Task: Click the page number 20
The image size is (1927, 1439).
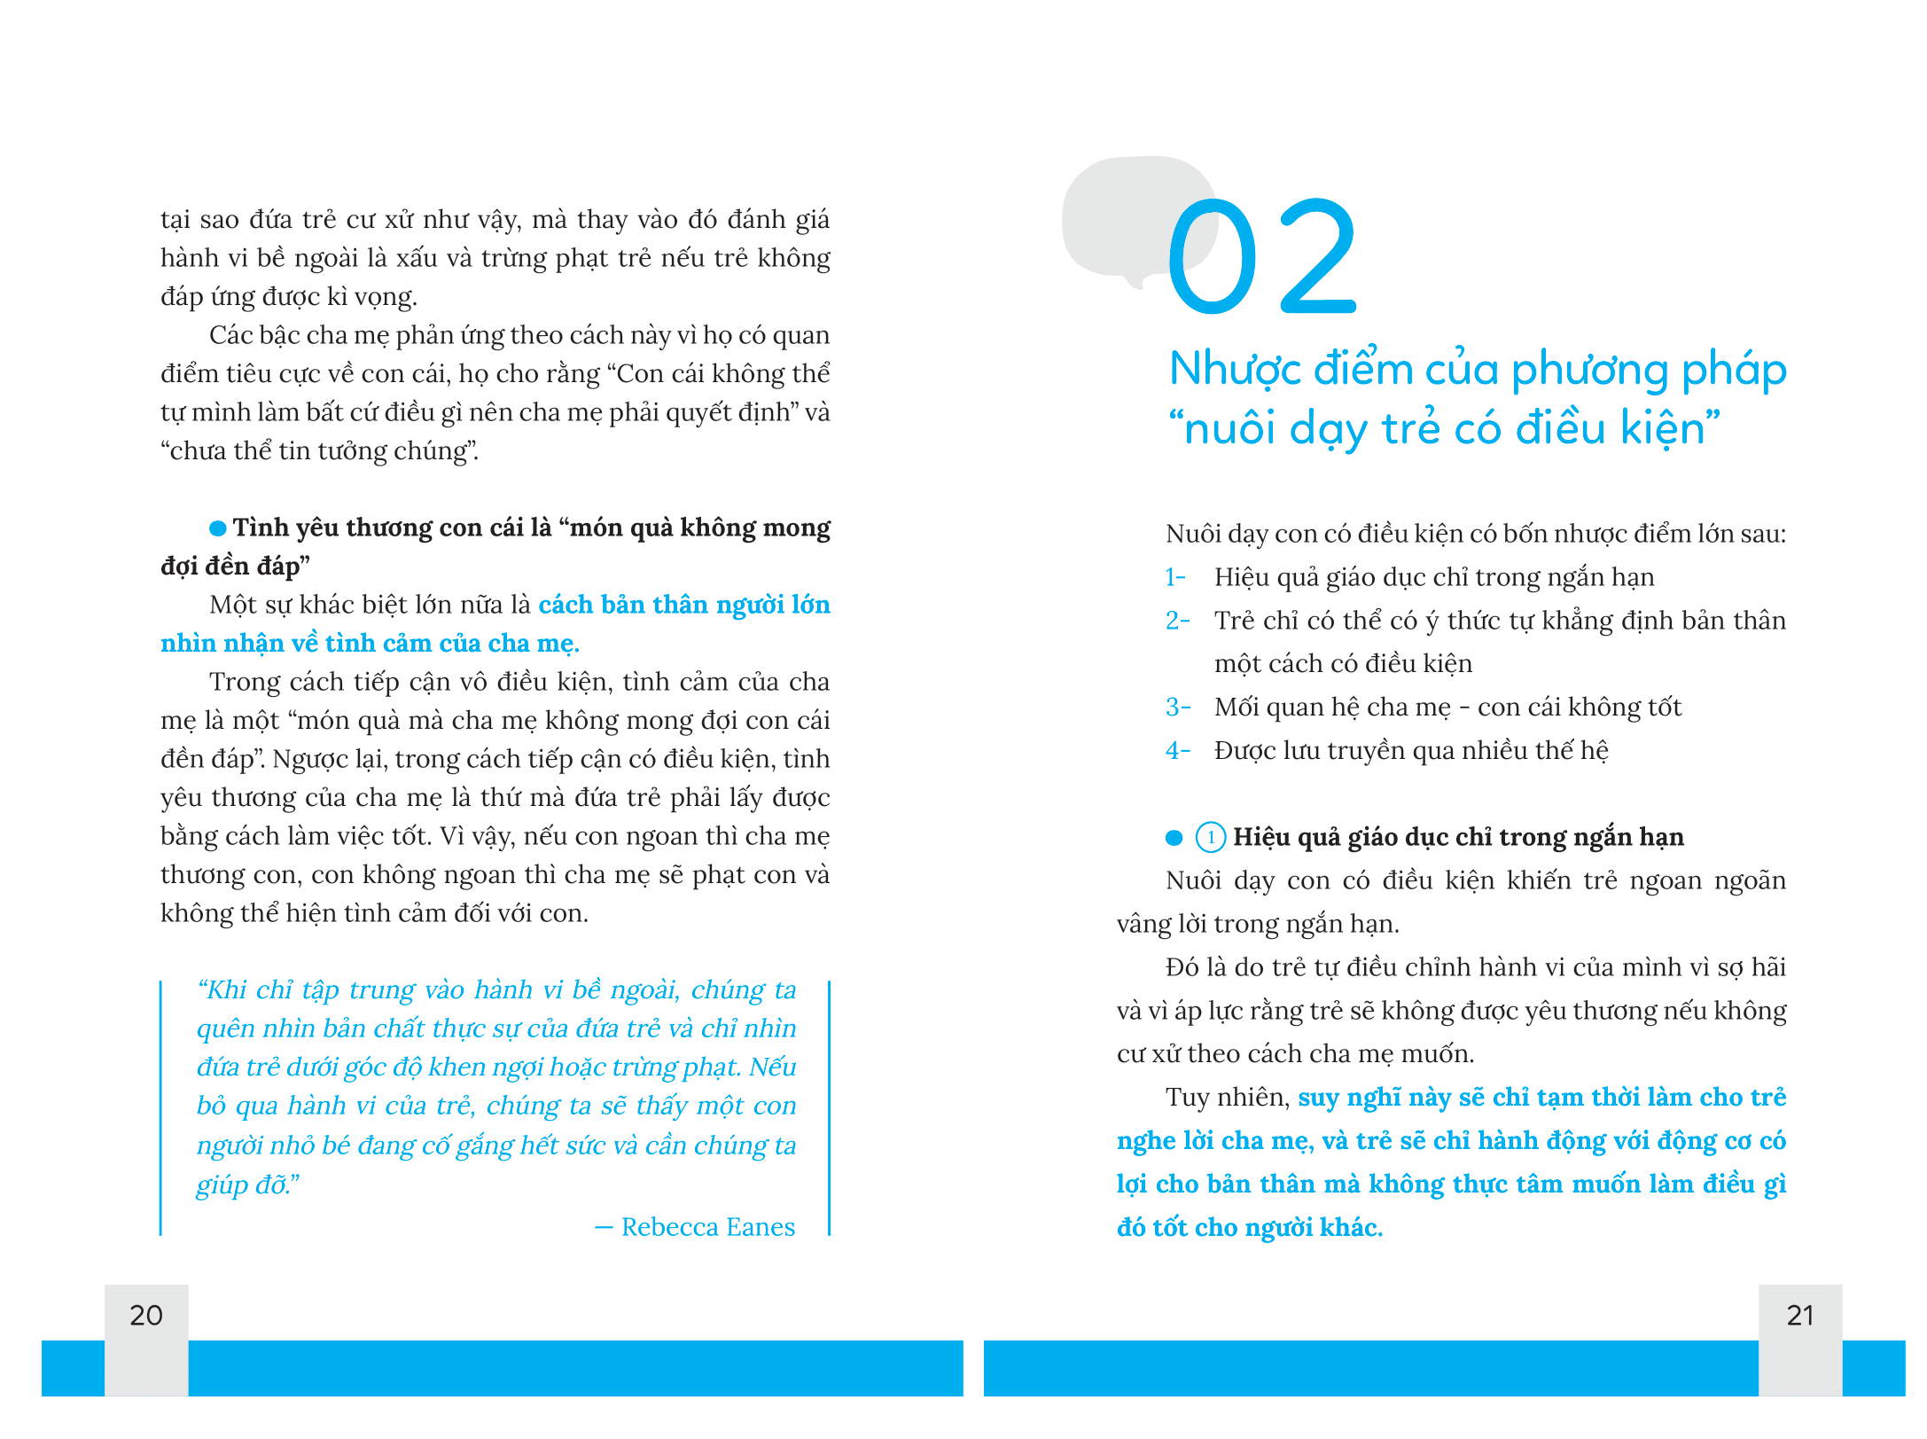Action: click(x=146, y=1315)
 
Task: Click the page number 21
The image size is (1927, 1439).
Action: click(x=1799, y=1315)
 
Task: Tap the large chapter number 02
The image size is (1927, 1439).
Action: click(x=1262, y=257)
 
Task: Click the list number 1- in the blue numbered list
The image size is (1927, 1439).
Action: click(x=1175, y=577)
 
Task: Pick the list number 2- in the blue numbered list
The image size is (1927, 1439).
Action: click(x=1177, y=621)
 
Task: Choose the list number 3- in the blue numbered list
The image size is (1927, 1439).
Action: click(x=1177, y=708)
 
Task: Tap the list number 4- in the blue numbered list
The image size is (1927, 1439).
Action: click(x=1177, y=751)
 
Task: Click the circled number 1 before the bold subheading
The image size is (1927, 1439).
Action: click(x=1211, y=837)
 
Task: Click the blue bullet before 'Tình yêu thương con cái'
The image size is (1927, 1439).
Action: click(x=217, y=528)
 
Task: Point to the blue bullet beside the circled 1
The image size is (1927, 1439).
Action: click(x=1174, y=837)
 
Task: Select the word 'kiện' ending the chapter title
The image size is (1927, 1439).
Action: click(x=1662, y=429)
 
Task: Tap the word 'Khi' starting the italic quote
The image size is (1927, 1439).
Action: click(x=227, y=989)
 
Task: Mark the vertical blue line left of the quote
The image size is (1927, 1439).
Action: click(x=161, y=1108)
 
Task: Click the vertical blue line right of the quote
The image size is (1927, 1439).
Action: click(x=829, y=1108)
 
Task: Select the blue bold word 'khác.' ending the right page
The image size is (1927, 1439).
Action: click(x=1351, y=1228)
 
